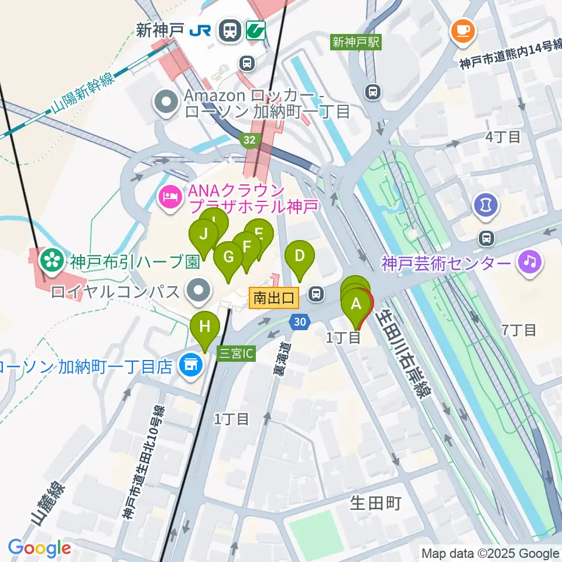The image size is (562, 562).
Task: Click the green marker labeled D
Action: [x=300, y=256]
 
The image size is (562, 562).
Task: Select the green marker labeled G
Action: [x=228, y=258]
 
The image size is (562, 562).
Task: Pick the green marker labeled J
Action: [x=203, y=235]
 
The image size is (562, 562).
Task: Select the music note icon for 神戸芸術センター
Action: [x=530, y=262]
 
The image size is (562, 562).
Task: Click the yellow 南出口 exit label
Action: [x=274, y=298]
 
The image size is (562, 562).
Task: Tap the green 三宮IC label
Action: [x=236, y=354]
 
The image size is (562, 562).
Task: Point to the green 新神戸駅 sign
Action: [x=355, y=42]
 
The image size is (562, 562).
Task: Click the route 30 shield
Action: [x=300, y=321]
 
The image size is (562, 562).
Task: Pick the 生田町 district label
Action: [x=375, y=503]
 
